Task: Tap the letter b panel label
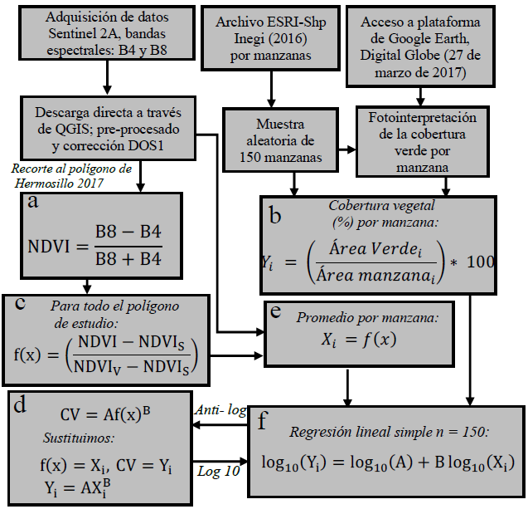276,215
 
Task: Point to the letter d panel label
21,404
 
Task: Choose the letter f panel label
264,420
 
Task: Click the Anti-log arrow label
220,410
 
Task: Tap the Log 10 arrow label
219,471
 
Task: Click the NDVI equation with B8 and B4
104,247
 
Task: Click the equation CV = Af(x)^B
105,414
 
